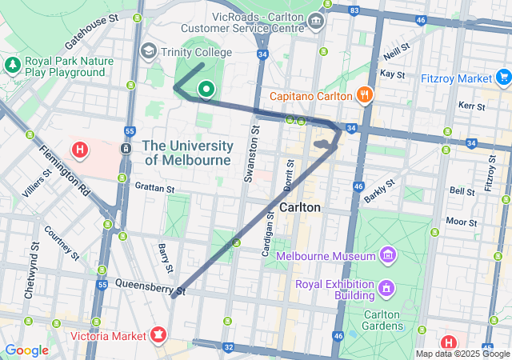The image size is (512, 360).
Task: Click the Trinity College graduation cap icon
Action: [x=148, y=52]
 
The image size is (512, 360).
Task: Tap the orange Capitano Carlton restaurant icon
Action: [x=365, y=96]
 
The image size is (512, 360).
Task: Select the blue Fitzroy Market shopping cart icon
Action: [x=503, y=78]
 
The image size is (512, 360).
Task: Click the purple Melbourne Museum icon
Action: [x=388, y=256]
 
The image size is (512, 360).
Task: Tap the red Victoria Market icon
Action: [x=158, y=334]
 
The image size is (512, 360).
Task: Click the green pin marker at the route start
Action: [x=206, y=90]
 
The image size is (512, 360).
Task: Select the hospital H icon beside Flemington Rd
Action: [x=80, y=149]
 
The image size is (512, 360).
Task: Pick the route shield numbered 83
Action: [x=355, y=10]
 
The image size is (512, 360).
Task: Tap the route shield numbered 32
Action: [x=229, y=347]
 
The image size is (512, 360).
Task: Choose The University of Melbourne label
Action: [x=188, y=153]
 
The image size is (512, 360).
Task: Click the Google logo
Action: [x=26, y=350]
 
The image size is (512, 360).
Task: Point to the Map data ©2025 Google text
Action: [x=462, y=354]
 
